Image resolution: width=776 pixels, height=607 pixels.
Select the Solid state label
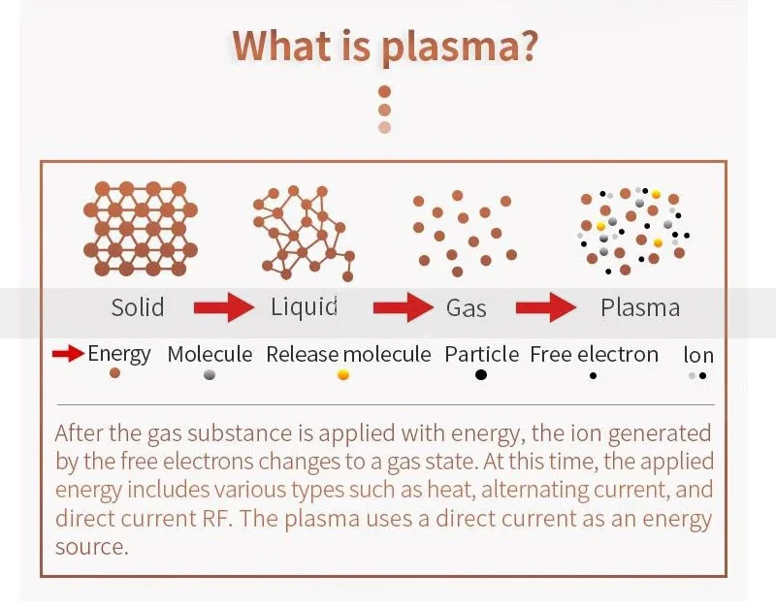coord(138,307)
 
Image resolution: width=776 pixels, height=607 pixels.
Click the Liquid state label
coord(304,307)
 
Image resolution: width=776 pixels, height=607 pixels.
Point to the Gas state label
coord(467,308)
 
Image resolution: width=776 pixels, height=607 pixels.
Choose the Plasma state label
coord(640,307)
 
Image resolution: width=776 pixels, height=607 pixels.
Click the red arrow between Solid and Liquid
coord(224,307)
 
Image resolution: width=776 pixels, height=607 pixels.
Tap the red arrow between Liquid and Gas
coord(404,307)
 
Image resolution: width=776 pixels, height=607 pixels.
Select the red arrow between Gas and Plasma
coord(546,307)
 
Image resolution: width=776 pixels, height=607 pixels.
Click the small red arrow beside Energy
coord(68,354)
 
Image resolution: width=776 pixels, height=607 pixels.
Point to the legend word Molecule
coord(210,354)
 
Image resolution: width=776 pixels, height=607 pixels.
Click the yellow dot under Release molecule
coord(343,374)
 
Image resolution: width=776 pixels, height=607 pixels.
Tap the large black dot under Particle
coord(481,374)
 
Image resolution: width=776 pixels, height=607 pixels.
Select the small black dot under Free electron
coord(593,375)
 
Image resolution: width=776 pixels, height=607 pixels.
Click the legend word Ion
coord(698,355)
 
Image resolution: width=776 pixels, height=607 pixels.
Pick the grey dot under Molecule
coord(210,375)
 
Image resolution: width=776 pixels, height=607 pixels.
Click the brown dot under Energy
coord(114,373)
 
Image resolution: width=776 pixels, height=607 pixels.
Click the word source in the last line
coord(91,547)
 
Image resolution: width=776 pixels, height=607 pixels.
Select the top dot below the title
coord(384,91)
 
